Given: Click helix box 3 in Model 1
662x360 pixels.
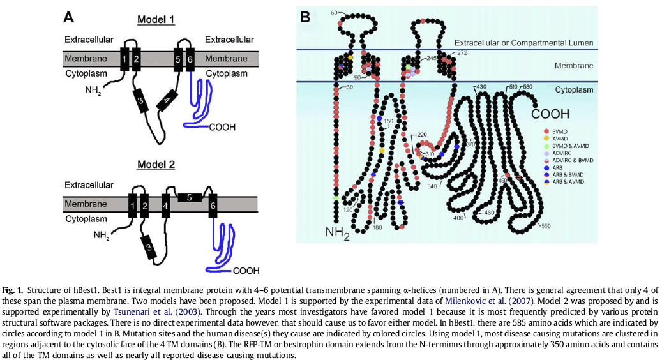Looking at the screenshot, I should pos(140,100).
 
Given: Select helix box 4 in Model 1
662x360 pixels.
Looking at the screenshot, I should pos(167,101).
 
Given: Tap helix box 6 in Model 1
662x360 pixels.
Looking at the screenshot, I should pos(190,59).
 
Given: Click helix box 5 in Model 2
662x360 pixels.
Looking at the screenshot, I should pos(189,198).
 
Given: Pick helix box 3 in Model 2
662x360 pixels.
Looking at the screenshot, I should pos(148,248).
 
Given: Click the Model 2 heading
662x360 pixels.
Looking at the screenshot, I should pos(156,165).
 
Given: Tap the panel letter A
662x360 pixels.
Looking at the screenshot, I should pos(69,17).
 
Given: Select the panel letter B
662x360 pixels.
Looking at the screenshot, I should pos(305,17).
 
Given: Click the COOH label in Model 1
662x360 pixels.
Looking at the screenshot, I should pos(222,127).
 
